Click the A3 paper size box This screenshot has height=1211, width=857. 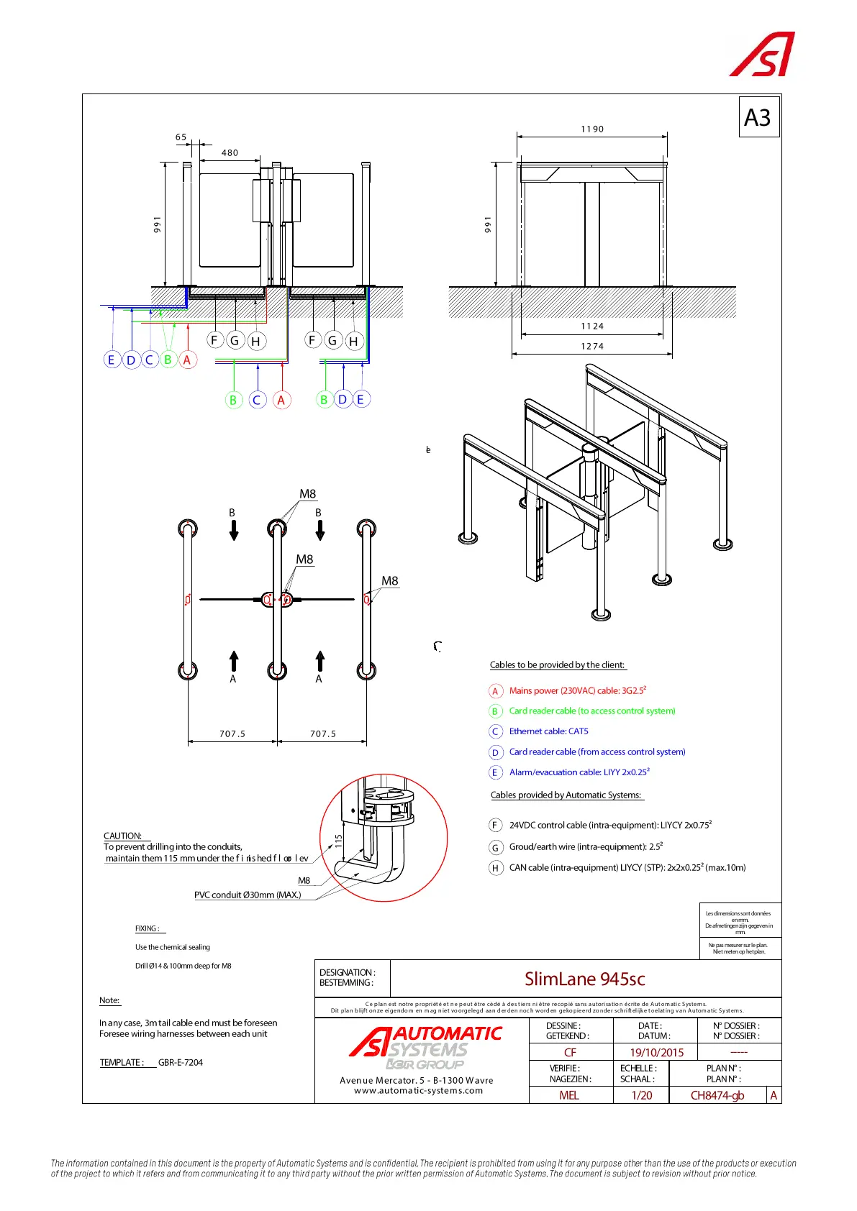click(758, 117)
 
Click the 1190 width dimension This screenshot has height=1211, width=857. click(592, 129)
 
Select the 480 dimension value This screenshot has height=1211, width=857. click(230, 152)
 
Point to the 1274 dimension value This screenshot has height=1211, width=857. click(592, 346)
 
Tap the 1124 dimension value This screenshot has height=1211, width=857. click(592, 326)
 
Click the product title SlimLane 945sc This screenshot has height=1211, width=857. click(584, 979)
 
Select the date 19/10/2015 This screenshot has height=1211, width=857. click(656, 1052)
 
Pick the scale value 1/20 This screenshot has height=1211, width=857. click(641, 1095)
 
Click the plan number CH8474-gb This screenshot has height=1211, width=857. click(717, 1095)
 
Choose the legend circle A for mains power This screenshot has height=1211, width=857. click(495, 691)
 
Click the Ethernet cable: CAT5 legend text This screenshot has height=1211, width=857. click(548, 731)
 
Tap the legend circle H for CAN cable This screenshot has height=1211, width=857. click(495, 868)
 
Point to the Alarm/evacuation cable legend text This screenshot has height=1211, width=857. click(579, 772)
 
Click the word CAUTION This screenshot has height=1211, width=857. click(122, 836)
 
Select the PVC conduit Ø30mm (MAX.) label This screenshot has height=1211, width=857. click(248, 895)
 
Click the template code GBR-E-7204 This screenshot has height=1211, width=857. click(181, 1062)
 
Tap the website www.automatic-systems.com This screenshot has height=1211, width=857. click(418, 1090)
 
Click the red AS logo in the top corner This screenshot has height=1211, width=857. click(762, 55)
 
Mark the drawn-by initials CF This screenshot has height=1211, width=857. click(570, 1052)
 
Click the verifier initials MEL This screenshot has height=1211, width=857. click(569, 1095)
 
